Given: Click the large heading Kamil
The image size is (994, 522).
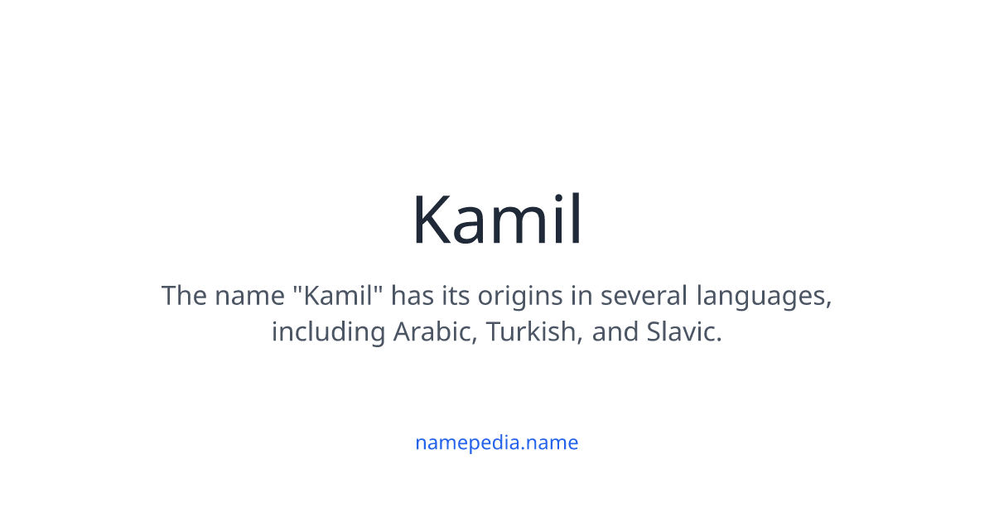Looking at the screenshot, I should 497,220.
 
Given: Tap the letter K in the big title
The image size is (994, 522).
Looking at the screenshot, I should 433,220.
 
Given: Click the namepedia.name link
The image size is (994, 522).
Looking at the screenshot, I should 496,442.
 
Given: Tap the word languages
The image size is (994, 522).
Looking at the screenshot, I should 764,296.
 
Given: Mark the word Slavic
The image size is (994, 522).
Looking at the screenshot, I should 684,332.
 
